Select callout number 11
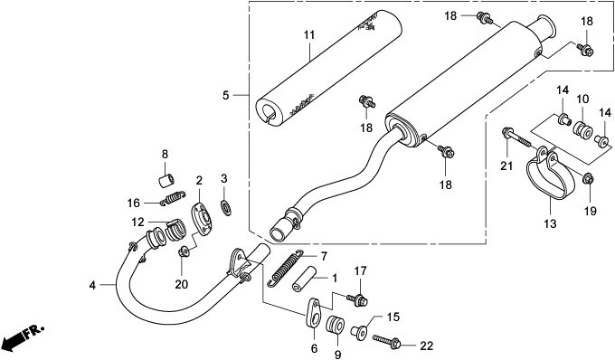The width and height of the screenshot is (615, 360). [308, 35]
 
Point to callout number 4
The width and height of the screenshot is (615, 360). [92, 285]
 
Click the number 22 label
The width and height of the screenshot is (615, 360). [426, 346]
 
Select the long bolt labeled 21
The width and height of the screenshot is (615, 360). [520, 138]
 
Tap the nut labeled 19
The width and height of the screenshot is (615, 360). [588, 177]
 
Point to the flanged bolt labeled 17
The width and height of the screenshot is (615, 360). [359, 297]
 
